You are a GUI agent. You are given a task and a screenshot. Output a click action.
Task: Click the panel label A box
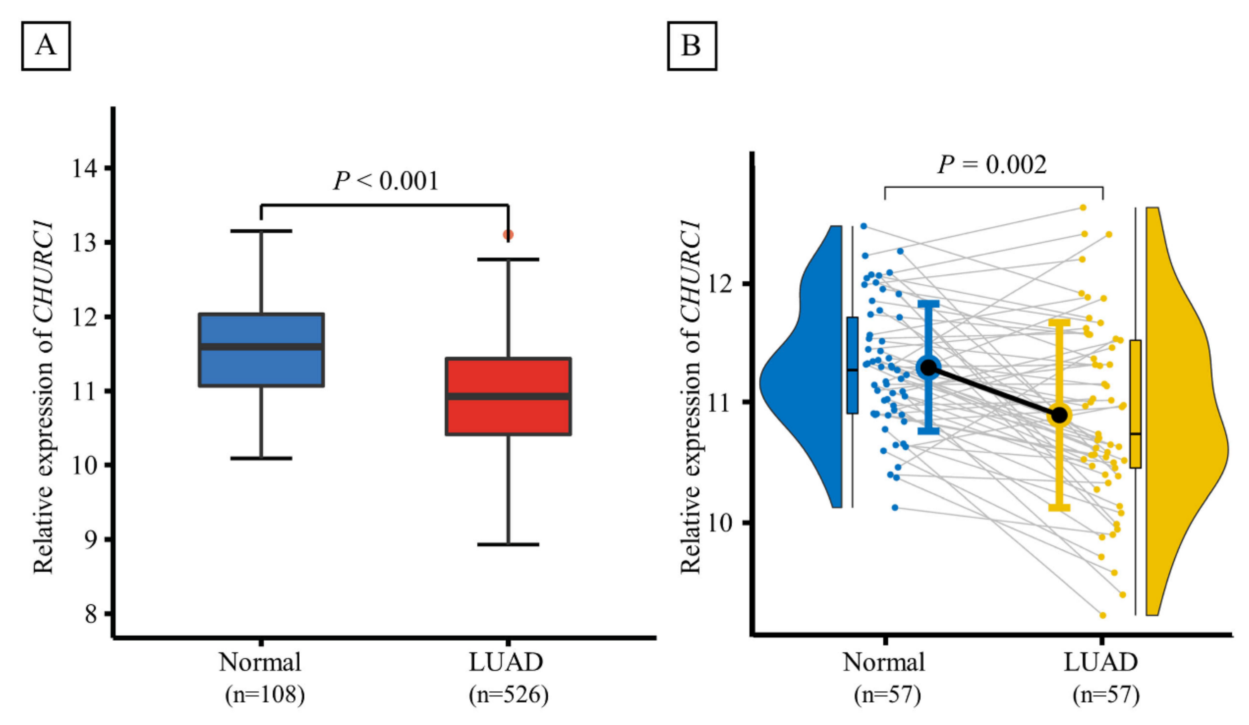(46, 46)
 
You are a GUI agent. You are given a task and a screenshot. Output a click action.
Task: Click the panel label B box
(691, 46)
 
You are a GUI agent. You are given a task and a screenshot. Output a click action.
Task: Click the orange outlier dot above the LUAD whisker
(508, 234)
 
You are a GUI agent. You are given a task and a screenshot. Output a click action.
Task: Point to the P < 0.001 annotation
(386, 181)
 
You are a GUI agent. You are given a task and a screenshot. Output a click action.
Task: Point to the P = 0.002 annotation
(992, 165)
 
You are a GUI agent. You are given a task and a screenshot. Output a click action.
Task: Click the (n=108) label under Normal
(265, 695)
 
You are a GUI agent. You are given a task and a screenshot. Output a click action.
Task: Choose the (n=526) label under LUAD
(508, 695)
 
